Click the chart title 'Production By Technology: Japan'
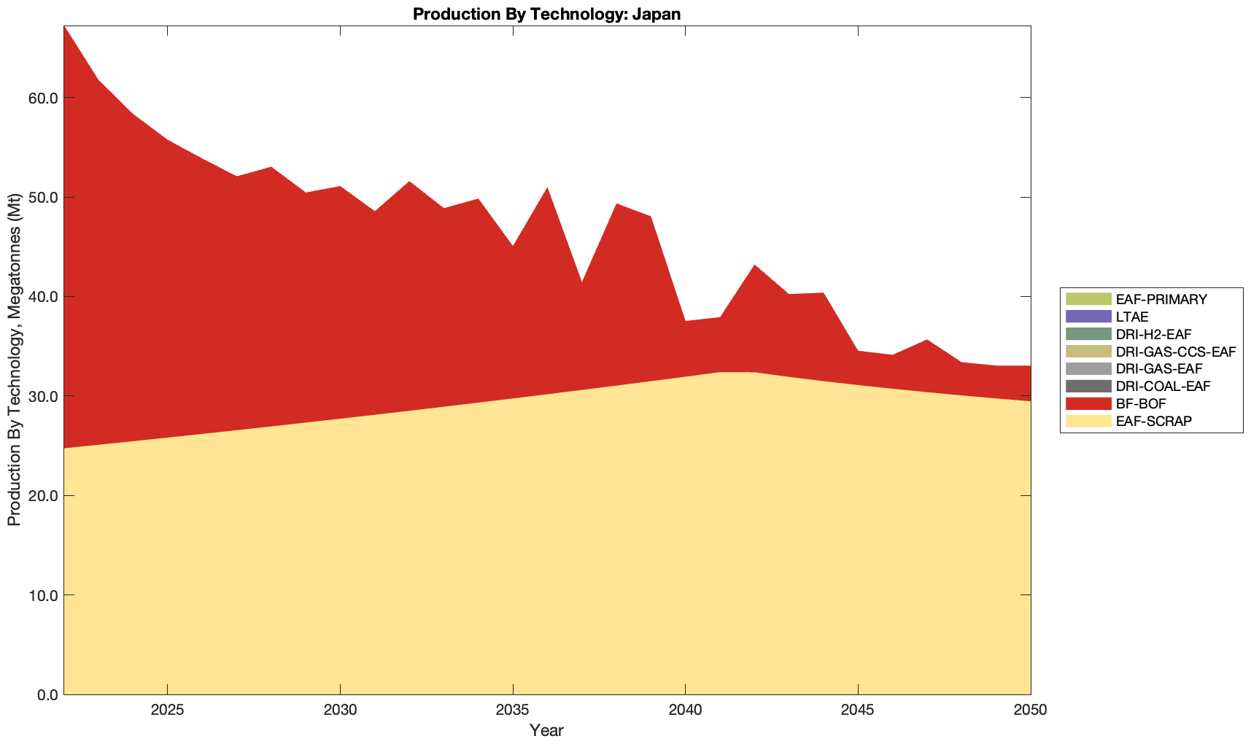[546, 13]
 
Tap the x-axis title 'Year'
[546, 730]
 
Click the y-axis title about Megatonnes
[14, 360]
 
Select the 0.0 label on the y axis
[47, 694]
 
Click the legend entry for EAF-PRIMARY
[1161, 299]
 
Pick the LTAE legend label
[1132, 317]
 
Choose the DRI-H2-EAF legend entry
[1153, 334]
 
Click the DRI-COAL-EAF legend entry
[1163, 386]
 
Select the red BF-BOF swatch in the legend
[1088, 403]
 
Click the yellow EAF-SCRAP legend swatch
[1088, 421]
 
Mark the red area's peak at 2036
[547, 189]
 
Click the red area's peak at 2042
[754, 266]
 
